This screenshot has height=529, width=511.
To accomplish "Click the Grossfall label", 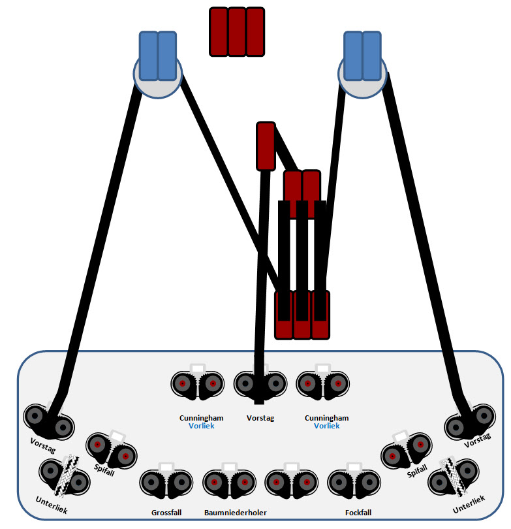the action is [x=166, y=513].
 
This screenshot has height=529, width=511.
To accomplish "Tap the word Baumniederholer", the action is [x=236, y=513].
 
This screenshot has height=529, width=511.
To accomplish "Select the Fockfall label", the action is [x=358, y=513].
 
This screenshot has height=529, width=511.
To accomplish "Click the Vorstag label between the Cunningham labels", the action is [x=260, y=418].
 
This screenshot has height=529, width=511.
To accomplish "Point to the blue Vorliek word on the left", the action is [x=201, y=426].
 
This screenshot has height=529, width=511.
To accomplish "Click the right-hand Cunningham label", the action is [x=326, y=418].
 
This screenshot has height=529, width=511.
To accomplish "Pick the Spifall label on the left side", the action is [x=104, y=470].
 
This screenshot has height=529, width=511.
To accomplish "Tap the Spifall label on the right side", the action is [x=417, y=471].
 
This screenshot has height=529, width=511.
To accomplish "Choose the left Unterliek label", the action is [x=52, y=505].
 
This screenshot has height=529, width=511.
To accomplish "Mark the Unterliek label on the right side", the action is [x=469, y=504].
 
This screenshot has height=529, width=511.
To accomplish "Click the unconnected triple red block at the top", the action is [x=237, y=32].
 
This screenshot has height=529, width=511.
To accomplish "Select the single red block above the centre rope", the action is [x=266, y=146].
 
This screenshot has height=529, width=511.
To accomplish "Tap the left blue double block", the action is [x=158, y=56].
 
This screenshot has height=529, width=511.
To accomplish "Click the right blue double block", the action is [x=362, y=56].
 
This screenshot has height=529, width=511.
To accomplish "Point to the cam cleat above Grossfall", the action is [x=166, y=481].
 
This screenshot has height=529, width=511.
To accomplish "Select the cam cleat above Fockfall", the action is [x=354, y=481].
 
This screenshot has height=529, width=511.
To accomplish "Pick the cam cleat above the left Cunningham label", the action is [x=198, y=382].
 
